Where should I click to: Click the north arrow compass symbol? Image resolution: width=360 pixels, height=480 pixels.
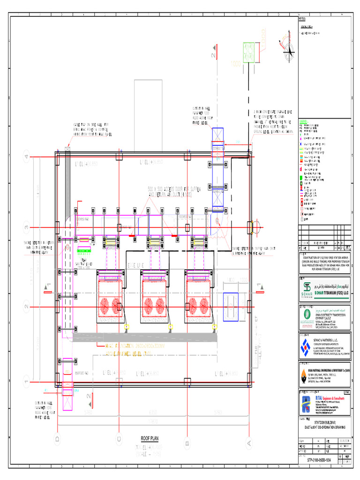pyautogui.click(x=287, y=47)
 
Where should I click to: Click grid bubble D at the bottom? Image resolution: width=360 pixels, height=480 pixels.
pyautogui.click(x=57, y=439)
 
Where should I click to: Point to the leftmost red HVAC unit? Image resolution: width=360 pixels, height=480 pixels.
pyautogui.click(x=109, y=296)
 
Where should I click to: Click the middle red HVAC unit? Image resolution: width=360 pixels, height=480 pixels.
pyautogui.click(x=154, y=296)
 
